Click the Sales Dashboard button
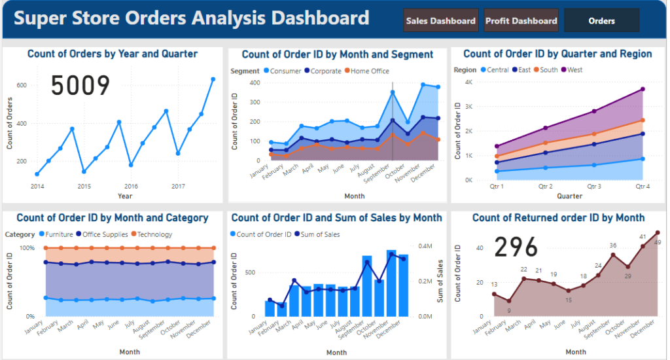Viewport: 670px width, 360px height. click(440, 21)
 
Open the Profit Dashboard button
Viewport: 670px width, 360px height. click(521, 21)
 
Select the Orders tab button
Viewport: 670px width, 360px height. click(601, 21)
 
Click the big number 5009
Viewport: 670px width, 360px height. click(80, 86)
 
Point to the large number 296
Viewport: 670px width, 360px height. click(516, 247)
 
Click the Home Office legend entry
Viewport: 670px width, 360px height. click(370, 71)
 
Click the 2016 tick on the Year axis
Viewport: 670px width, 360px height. click(131, 187)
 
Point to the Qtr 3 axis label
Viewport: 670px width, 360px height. click(594, 186)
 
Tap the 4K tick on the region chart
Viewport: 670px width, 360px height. click(468, 82)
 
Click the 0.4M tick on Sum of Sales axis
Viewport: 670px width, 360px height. click(425, 246)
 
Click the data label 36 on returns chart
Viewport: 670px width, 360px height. click(613, 246)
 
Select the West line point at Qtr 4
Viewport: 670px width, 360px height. click(643, 89)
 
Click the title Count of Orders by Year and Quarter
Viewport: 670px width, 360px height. click(113, 54)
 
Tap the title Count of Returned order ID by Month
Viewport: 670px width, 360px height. click(558, 218)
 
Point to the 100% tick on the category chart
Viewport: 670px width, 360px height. click(27, 248)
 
